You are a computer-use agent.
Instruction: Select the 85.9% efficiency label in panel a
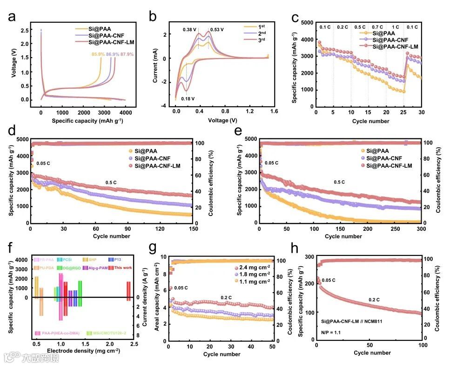pos(99,55)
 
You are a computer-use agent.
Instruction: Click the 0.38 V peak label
pos(190,30)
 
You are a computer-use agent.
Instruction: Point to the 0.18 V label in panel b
pos(188,99)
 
